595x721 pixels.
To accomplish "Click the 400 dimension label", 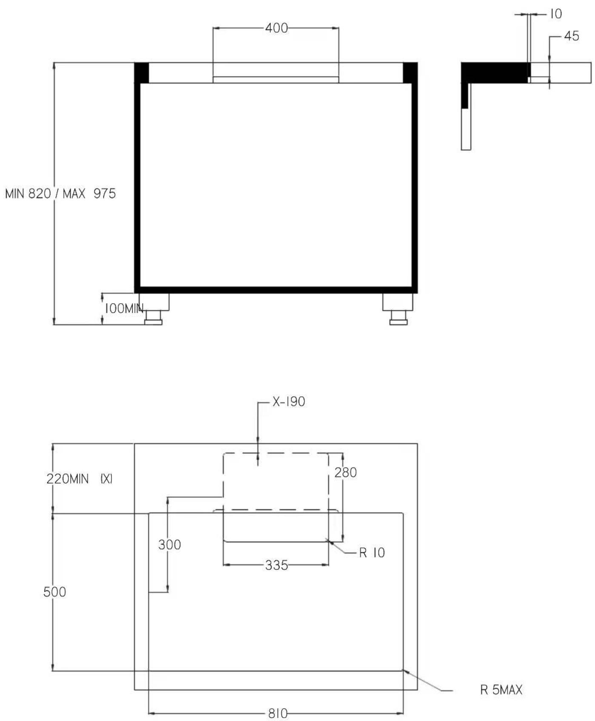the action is click(276, 28).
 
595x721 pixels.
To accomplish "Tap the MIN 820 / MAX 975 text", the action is click(60, 194).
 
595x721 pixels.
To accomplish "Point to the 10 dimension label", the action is click(556, 14).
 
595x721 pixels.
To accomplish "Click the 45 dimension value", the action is click(572, 36).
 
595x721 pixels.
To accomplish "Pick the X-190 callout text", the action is click(289, 402).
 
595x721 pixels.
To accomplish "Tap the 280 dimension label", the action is click(345, 472).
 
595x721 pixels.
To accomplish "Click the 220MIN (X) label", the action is click(80, 479).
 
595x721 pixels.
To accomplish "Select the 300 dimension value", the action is click(169, 544).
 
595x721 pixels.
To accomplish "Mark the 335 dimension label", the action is click(276, 565).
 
